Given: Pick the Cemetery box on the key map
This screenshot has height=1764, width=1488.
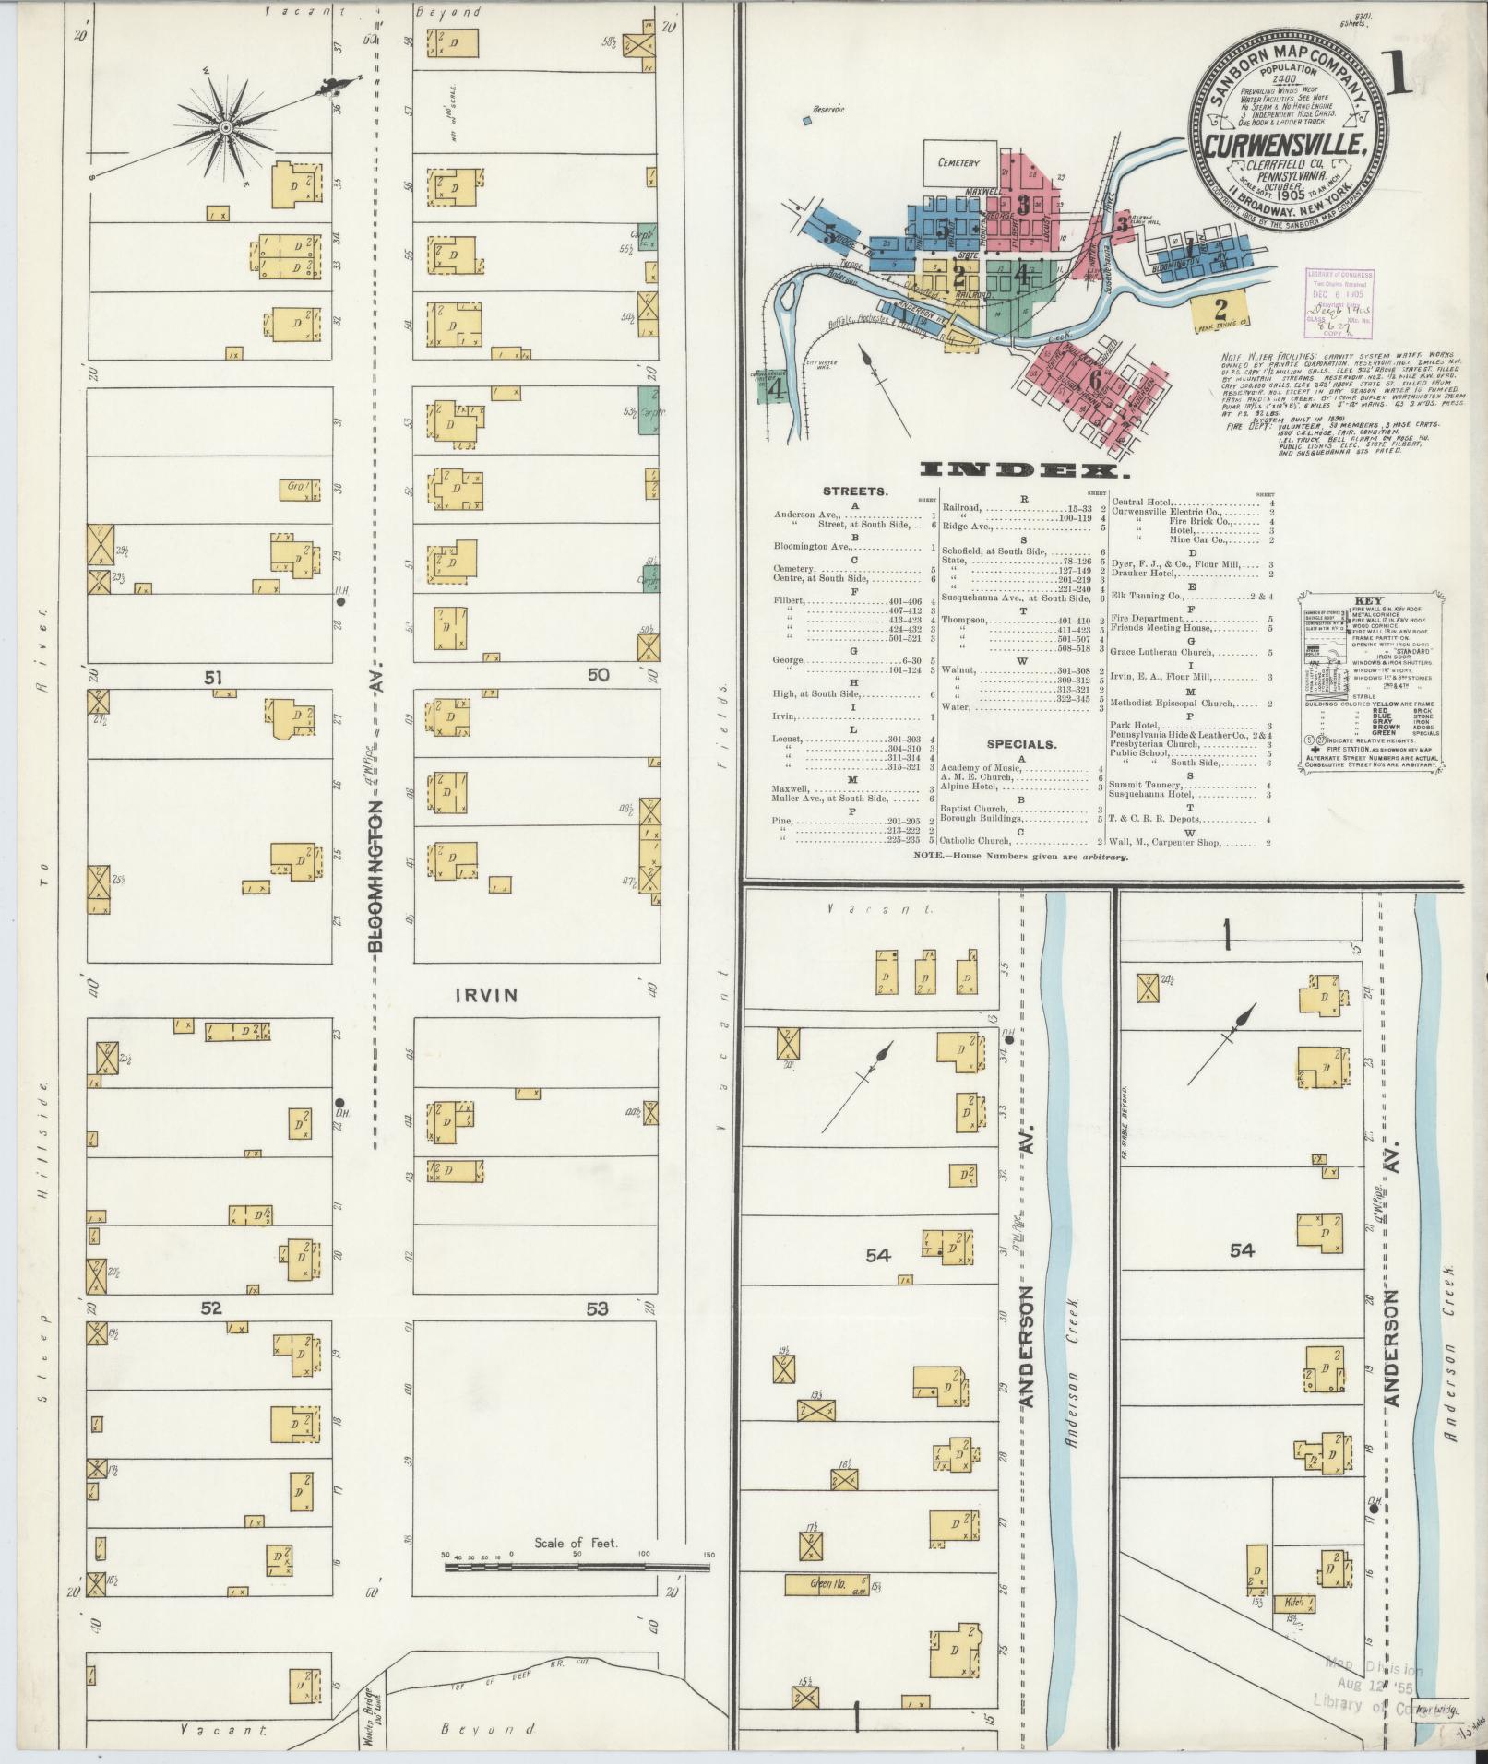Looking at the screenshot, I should click(x=960, y=162).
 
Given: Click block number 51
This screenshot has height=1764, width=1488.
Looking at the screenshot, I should click(x=214, y=678).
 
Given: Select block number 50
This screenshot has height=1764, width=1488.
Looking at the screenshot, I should click(x=598, y=675).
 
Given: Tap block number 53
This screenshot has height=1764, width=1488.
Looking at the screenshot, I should click(x=598, y=1308).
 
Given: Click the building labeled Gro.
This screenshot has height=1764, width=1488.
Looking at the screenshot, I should click(x=299, y=487).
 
